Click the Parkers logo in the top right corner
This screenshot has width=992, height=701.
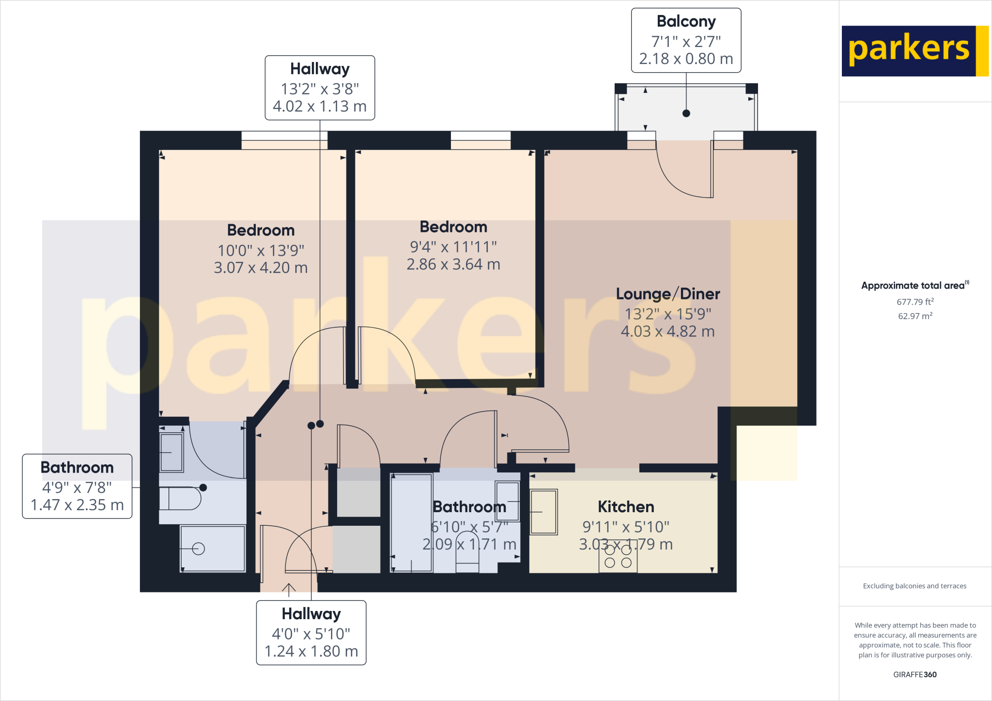(x=914, y=51)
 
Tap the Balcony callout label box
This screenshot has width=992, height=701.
(x=686, y=40)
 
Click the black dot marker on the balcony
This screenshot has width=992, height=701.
(x=686, y=113)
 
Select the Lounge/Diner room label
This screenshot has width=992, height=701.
(x=667, y=294)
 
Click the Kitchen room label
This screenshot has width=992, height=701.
(x=625, y=506)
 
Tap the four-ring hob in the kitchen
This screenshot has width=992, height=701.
(x=618, y=557)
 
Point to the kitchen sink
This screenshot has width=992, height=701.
(x=543, y=512)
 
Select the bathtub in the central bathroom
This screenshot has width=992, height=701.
(x=411, y=523)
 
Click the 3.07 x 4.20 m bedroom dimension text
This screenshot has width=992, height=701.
(x=261, y=268)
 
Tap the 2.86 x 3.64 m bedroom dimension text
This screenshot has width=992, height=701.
(x=453, y=264)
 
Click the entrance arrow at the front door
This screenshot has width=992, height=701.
(x=289, y=589)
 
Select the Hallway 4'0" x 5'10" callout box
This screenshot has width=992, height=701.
(x=311, y=633)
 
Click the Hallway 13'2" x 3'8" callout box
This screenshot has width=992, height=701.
(x=320, y=88)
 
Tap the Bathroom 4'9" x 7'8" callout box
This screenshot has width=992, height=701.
(x=77, y=486)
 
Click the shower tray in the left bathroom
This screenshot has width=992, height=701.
(x=212, y=549)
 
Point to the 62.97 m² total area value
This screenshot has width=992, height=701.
(x=914, y=316)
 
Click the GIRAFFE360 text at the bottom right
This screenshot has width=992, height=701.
(x=914, y=674)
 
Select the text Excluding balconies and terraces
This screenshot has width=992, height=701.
(x=914, y=586)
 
